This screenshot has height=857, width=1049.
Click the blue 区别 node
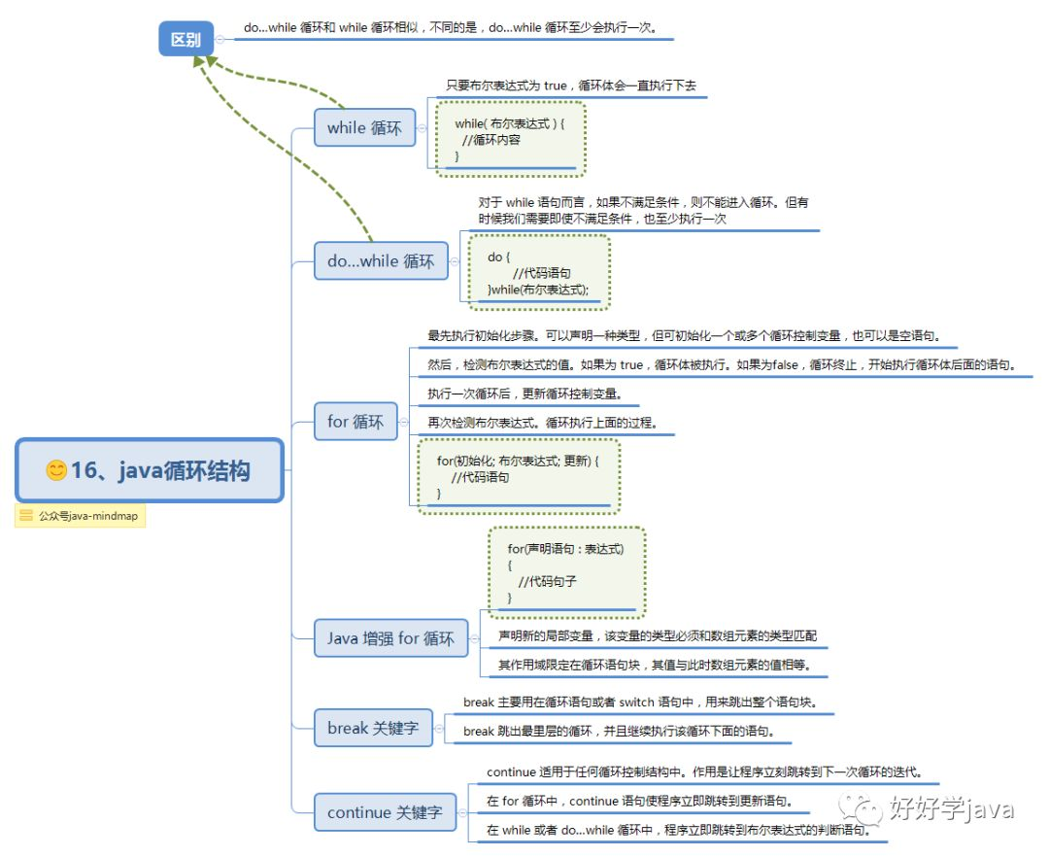(x=186, y=39)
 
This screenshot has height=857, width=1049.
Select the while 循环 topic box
(x=364, y=127)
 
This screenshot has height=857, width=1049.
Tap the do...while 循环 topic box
(x=381, y=261)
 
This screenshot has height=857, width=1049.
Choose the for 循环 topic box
(x=355, y=422)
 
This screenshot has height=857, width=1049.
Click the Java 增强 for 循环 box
(x=390, y=638)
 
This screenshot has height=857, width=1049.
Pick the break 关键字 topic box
(x=373, y=728)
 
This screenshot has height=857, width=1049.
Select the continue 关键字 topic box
(x=385, y=812)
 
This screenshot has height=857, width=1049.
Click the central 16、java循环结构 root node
(x=150, y=470)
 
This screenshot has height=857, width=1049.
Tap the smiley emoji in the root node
(x=56, y=470)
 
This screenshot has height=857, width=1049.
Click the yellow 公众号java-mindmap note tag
(x=81, y=516)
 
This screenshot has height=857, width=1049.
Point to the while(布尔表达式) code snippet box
(x=511, y=139)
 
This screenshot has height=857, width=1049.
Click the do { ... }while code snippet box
(x=539, y=272)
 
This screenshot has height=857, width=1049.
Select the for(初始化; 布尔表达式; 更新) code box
(x=519, y=476)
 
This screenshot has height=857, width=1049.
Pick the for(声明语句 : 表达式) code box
(x=566, y=572)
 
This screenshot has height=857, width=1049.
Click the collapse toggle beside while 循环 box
(x=422, y=128)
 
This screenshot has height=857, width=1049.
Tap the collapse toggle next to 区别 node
(x=220, y=40)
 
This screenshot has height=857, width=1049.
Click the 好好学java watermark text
(x=951, y=808)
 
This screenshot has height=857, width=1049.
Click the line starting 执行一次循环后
(x=525, y=394)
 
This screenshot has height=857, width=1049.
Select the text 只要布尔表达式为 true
(x=506, y=86)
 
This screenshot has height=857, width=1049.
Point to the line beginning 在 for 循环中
(x=639, y=801)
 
